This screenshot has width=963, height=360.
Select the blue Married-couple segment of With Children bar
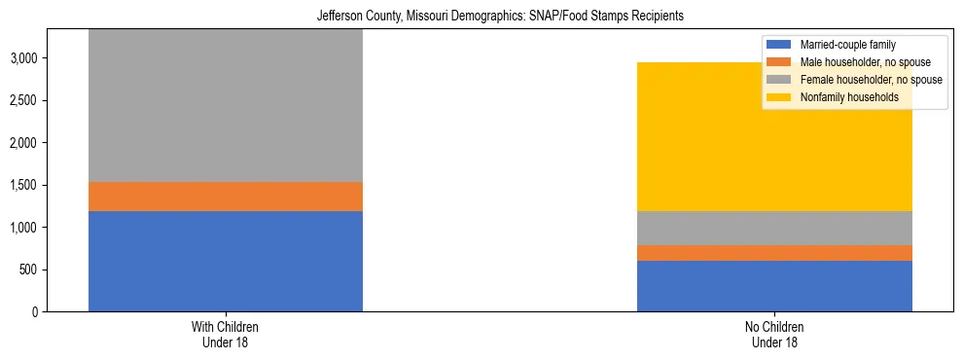click(226, 261)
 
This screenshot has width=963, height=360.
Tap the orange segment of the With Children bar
click(226, 197)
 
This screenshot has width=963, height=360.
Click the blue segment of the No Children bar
click(774, 286)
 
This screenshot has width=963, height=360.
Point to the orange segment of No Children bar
click(774, 253)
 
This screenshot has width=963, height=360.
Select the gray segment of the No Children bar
click(774, 228)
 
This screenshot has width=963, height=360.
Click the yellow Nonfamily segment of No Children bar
click(774, 137)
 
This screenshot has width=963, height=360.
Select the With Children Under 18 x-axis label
click(226, 335)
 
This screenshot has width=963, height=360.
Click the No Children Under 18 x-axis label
click(774, 335)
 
